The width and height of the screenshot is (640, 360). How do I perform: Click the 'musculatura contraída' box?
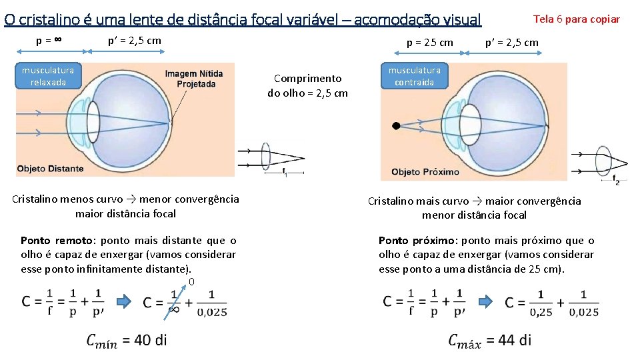coord(414,76)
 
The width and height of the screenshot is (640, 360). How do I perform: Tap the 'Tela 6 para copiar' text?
coord(577,19)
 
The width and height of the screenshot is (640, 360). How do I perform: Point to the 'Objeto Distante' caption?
coord(51,169)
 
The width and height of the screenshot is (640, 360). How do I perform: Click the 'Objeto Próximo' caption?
coord(425,171)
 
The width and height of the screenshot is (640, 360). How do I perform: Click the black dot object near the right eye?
coord(396,125)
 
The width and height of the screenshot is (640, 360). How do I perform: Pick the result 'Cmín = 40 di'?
coord(127,341)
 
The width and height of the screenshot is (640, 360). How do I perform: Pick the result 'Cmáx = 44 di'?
coord(490,341)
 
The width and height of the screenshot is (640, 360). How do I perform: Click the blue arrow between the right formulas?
coord(487,301)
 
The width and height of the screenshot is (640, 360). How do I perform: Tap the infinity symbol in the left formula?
coord(174,310)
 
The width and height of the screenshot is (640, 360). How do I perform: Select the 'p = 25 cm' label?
coord(430,43)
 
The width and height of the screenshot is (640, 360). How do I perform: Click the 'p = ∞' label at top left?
coord(49,40)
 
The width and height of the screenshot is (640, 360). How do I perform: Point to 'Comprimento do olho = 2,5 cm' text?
coord(307,85)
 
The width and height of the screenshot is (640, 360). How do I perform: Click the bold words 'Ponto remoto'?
coord(49,241)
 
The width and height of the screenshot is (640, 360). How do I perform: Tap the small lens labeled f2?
coord(605,162)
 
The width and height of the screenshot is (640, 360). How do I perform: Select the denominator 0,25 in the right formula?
coord(541,311)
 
